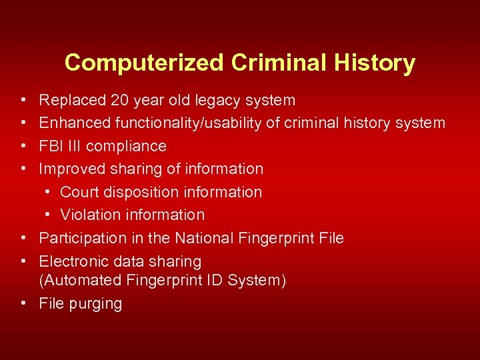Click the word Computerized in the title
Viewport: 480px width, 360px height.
[x=145, y=63]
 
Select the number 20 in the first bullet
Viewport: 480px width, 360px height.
[x=121, y=101]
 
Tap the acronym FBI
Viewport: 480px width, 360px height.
[x=51, y=146]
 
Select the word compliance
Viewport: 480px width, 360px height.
[x=127, y=146]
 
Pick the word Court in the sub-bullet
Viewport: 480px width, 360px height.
[x=79, y=192]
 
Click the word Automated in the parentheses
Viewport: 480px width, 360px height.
[x=79, y=281]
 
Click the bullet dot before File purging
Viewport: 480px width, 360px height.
[x=23, y=303]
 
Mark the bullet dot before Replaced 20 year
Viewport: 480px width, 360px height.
[x=23, y=101]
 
